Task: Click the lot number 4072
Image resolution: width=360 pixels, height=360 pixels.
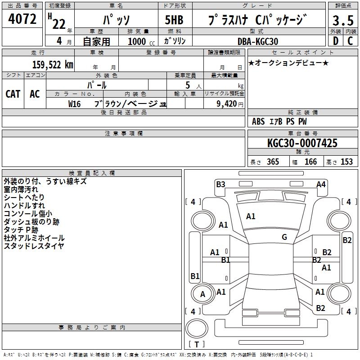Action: (x=22, y=19)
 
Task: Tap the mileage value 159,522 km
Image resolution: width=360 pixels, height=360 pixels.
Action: (x=53, y=64)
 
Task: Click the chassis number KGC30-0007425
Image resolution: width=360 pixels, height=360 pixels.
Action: (x=302, y=144)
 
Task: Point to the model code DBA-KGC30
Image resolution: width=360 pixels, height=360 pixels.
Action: (x=258, y=41)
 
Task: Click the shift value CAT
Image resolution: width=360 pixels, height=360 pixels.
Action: (x=13, y=94)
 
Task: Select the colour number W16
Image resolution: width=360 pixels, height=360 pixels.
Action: (x=74, y=104)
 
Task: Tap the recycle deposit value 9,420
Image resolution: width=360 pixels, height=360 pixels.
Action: (x=224, y=104)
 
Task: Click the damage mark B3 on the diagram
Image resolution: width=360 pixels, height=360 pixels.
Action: (x=220, y=184)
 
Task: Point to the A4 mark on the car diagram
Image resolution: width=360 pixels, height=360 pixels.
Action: (x=321, y=184)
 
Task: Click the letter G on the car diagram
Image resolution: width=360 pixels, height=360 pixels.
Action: (x=284, y=237)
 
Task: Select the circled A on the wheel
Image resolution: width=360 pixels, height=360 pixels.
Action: (x=202, y=294)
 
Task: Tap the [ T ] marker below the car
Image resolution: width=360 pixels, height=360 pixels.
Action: (x=197, y=344)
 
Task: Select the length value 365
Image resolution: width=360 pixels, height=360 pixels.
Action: (x=273, y=162)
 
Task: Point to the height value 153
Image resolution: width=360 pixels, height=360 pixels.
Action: (x=346, y=162)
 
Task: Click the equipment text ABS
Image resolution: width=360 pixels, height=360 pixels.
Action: (x=258, y=121)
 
